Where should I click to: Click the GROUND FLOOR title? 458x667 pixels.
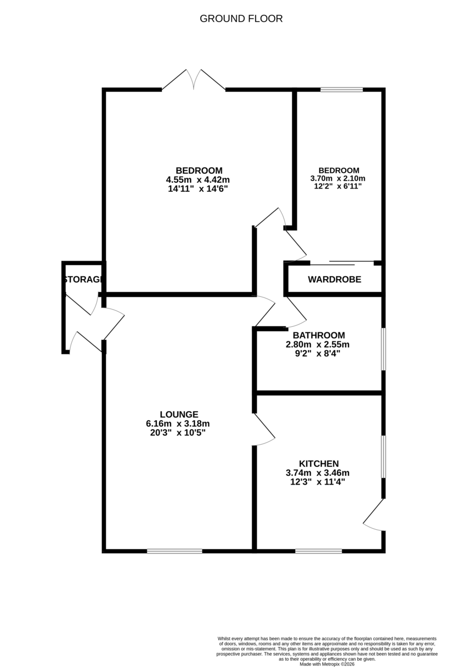click(241, 19)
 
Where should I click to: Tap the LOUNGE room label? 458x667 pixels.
click(179, 414)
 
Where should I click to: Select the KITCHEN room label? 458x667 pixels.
click(318, 464)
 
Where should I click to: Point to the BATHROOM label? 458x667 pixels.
click(318, 335)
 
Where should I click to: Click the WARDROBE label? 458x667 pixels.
click(335, 280)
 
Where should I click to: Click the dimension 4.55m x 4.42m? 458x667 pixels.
click(198, 180)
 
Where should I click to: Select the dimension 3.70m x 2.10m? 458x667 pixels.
click(338, 178)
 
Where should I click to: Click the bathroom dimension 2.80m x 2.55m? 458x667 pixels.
click(317, 344)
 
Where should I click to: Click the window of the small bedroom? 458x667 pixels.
click(341, 89)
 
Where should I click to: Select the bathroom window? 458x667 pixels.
click(383, 349)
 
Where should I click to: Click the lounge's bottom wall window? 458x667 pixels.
click(175, 551)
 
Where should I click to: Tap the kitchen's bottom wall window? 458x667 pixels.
click(318, 551)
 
